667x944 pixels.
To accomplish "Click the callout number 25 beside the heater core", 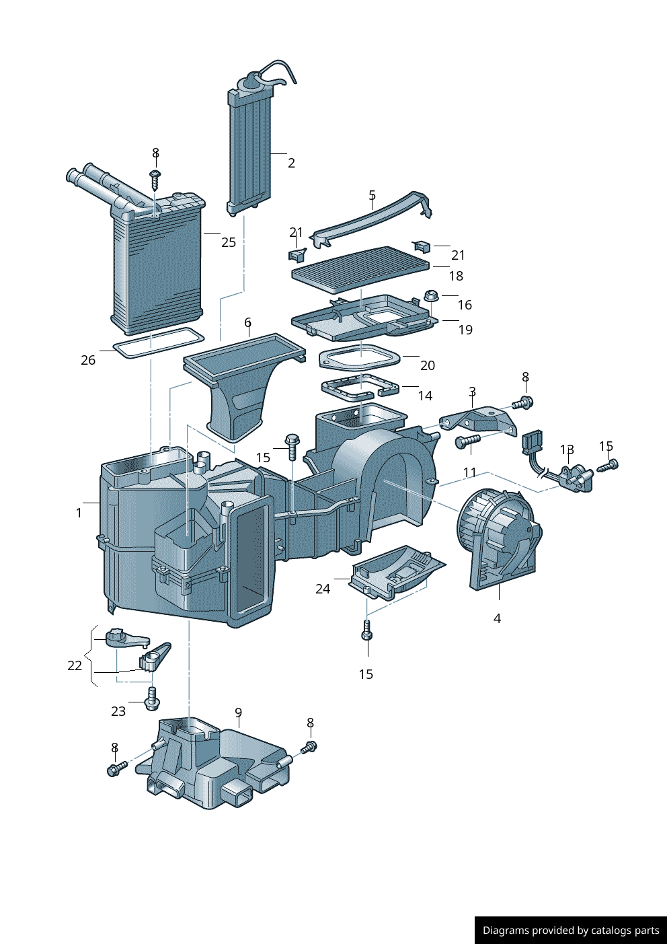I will (229, 242).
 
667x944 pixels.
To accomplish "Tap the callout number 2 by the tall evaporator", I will (291, 163).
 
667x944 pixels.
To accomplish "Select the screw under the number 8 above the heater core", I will (155, 179).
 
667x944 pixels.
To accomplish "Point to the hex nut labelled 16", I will (431, 295).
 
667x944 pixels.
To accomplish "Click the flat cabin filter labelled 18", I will (360, 268).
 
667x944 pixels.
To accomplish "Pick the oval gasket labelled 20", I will (359, 357).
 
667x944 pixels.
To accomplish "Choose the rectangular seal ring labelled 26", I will (158, 342).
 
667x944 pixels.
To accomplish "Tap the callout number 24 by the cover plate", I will (323, 589).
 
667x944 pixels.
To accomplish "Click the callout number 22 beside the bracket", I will (75, 665).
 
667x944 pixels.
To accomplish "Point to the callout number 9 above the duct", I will (238, 713).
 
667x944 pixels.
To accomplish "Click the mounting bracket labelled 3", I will (479, 421).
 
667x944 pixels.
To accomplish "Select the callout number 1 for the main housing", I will (79, 513).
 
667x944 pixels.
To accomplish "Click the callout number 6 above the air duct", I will (247, 322).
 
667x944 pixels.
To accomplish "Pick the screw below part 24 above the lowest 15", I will (366, 631).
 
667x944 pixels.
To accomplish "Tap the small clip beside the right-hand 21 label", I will (421, 246).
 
